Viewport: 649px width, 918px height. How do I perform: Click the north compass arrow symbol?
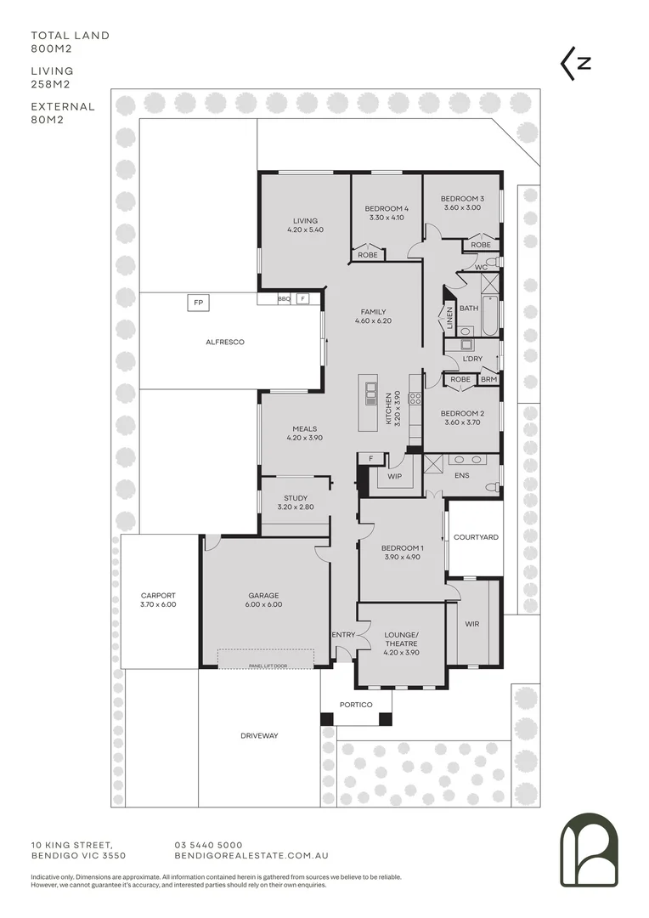point(575,63)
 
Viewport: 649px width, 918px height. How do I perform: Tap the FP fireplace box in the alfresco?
point(199,302)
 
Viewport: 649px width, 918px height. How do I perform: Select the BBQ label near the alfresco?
point(285,299)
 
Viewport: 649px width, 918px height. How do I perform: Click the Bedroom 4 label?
point(387,209)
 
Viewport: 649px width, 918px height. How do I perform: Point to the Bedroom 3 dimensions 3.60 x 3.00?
point(461,207)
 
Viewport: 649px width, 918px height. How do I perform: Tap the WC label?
point(481,267)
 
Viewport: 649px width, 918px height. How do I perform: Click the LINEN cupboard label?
point(449,320)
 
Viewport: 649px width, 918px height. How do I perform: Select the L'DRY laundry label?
point(473,360)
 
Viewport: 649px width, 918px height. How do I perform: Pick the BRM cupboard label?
point(488,379)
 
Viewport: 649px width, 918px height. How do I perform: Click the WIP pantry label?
point(394,478)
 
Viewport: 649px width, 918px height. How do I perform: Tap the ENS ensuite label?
point(461,475)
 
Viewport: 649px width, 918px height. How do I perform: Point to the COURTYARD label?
point(476,537)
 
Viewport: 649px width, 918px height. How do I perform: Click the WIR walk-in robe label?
point(472,624)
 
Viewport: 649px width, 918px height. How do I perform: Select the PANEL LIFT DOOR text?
point(266,666)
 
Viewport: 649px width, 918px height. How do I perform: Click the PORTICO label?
point(356,704)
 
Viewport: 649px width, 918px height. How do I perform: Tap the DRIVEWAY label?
point(259,735)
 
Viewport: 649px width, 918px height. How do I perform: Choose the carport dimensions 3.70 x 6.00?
point(159,604)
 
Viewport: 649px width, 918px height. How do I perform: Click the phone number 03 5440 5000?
point(208,844)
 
